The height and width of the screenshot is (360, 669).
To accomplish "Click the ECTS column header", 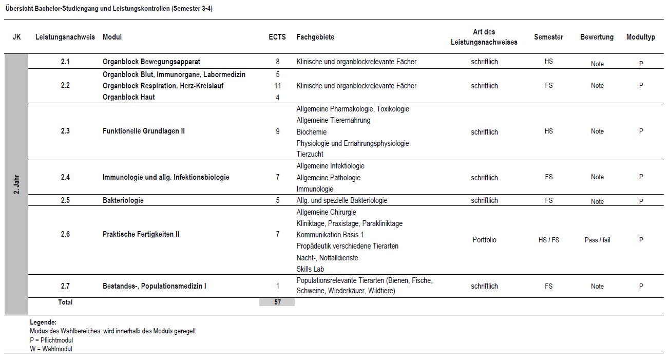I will pyautogui.click(x=277, y=37).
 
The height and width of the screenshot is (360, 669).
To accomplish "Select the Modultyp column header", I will pyautogui.click(x=640, y=37).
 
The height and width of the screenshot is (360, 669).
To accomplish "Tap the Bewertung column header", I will pyautogui.click(x=597, y=37).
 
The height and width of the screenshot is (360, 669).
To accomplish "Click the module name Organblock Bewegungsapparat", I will pyautogui.click(x=151, y=62).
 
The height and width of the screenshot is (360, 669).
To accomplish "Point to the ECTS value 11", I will pyautogui.click(x=278, y=86).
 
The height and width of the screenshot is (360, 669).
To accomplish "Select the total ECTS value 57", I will pyautogui.click(x=277, y=302).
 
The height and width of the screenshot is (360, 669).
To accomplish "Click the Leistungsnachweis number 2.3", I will pyautogui.click(x=65, y=131).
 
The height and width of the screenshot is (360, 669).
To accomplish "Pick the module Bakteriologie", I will pyautogui.click(x=123, y=200).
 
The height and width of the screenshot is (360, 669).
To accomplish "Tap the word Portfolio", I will pyautogui.click(x=484, y=240).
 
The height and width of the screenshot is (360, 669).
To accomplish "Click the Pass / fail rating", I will pyautogui.click(x=597, y=240).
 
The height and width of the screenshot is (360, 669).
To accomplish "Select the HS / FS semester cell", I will pyautogui.click(x=548, y=240).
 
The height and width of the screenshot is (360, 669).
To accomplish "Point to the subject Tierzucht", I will pyautogui.click(x=310, y=154).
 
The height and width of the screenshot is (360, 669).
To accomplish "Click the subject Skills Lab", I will pyautogui.click(x=310, y=269).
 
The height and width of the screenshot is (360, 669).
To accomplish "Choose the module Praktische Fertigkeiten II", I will pyautogui.click(x=141, y=234).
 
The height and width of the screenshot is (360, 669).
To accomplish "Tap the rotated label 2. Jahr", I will pyautogui.click(x=16, y=184).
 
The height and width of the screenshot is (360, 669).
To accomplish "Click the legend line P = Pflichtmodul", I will pyautogui.click(x=51, y=340).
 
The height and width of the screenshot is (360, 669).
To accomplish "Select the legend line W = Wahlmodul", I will pyautogui.click(x=51, y=349).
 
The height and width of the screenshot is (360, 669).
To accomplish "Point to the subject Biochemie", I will pyautogui.click(x=312, y=132).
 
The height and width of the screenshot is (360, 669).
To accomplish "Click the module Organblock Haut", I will pyautogui.click(x=128, y=97).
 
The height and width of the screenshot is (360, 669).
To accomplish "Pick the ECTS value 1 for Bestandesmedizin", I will pyautogui.click(x=278, y=286).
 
